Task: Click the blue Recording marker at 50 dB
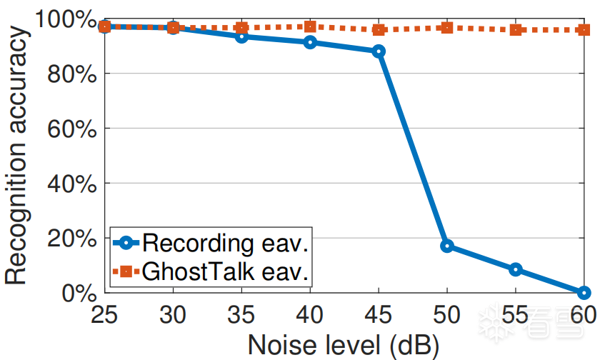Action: click(x=447, y=246)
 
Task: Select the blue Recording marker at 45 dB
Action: click(x=379, y=51)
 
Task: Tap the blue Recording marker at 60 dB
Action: click(x=584, y=292)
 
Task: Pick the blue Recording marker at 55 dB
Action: click(x=516, y=269)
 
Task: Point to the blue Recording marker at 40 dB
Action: click(x=310, y=42)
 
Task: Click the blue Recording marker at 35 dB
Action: click(x=241, y=36)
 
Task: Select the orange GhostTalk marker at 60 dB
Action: click(x=584, y=30)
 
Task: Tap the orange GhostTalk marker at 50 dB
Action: click(x=447, y=28)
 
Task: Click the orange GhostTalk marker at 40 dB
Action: click(x=310, y=27)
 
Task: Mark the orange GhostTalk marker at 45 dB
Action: click(x=379, y=30)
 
